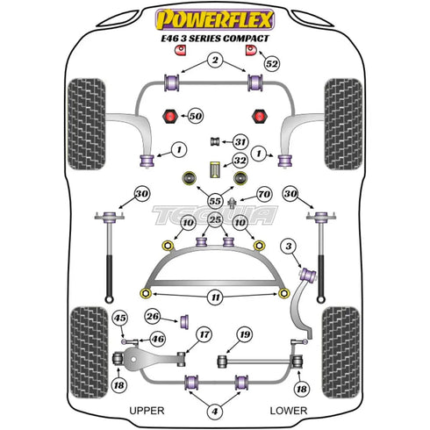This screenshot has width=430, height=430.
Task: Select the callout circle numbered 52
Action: [271, 64]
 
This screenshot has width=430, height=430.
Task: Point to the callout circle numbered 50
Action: [195, 116]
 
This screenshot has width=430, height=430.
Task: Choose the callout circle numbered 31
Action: [240, 141]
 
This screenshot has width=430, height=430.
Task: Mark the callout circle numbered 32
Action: [240, 161]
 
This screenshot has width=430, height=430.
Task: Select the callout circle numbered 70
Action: [263, 194]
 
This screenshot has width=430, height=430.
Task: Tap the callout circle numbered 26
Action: [154, 316]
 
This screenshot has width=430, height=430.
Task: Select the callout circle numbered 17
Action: [203, 334]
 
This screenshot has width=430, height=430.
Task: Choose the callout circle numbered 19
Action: [245, 334]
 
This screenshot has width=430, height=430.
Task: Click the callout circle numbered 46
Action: [158, 338]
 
